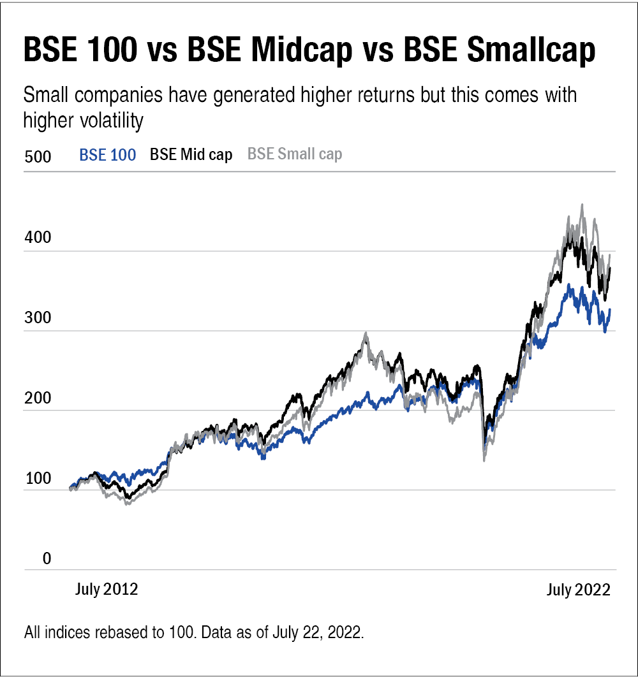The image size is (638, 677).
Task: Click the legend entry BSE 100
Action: tap(107, 155)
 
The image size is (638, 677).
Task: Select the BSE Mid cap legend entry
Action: tap(190, 155)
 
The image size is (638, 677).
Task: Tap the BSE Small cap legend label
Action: tap(294, 154)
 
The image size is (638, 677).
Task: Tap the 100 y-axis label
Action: tap(36, 480)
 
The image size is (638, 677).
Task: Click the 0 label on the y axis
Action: tap(29, 559)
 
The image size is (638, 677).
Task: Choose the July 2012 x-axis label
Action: tap(107, 590)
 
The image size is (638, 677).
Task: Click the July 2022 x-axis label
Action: tap(579, 590)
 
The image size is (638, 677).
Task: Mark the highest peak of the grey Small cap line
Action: tap(581, 205)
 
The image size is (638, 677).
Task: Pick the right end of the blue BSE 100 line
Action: tap(610, 310)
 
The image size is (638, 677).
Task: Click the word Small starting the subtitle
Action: tap(46, 96)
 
